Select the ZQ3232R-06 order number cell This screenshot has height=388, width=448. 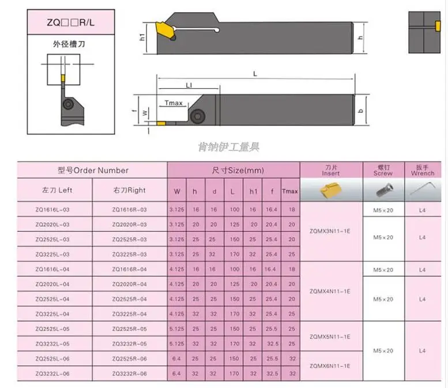click(129, 374)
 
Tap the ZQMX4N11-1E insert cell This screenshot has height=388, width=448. click(330, 291)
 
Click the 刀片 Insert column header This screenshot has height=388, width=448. click(330, 170)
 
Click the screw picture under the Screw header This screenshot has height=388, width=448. click(383, 190)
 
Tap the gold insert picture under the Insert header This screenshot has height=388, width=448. click(330, 190)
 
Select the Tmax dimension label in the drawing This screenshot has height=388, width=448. click(173, 103)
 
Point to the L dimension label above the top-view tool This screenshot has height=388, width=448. click(254, 73)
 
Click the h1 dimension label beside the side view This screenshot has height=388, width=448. click(142, 37)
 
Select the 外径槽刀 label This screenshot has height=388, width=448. click(62, 44)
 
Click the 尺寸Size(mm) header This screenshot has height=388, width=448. click(234, 170)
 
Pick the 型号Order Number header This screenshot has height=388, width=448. click(93, 170)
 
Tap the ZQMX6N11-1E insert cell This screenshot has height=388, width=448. click(330, 366)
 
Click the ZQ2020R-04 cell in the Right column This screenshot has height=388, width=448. click(129, 284)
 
